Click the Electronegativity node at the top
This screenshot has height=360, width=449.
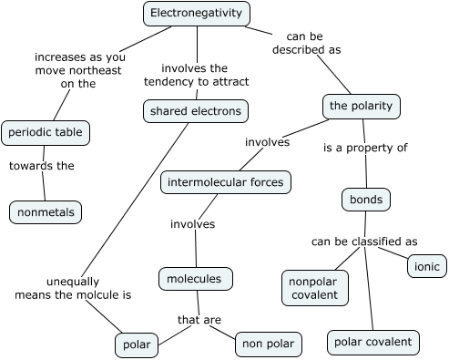[x=197, y=14]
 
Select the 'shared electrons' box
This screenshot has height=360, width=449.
[x=196, y=111]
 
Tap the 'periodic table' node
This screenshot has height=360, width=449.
[x=46, y=132]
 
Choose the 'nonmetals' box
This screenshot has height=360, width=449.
[x=46, y=212]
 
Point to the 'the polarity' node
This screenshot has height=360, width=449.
[x=362, y=107]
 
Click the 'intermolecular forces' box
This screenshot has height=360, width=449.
[x=225, y=182]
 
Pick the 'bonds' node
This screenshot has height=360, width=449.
[x=365, y=198]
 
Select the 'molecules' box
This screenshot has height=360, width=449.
[x=196, y=278]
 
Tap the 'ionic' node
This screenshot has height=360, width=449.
[x=426, y=266]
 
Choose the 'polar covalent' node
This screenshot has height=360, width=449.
[x=372, y=342]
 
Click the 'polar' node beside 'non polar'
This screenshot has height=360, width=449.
[x=138, y=344]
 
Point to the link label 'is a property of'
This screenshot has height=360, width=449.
[x=365, y=147]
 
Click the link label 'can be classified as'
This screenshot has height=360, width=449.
[x=364, y=242]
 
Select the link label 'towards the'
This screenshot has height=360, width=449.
[x=41, y=166]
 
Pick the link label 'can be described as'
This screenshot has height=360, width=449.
[x=305, y=43]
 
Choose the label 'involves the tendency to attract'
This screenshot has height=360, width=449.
[x=196, y=74]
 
